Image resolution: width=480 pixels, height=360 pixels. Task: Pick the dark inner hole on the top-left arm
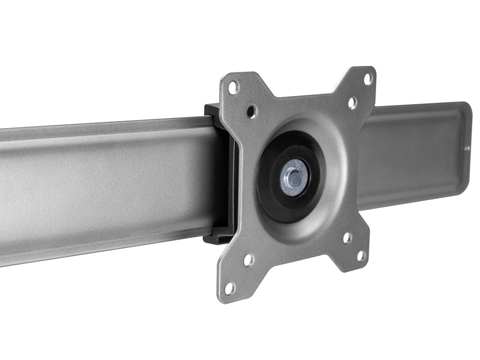(252, 111)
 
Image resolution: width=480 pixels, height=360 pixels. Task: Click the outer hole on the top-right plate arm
(368, 79)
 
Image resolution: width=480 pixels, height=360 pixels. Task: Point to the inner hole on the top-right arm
(352, 103)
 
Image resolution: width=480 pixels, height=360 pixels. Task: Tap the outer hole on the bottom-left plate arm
(229, 289)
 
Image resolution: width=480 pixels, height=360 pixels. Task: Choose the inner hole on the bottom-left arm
(248, 260)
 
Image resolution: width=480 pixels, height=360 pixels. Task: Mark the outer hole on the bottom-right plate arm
(362, 256)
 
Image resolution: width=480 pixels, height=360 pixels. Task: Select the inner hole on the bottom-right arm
(348, 238)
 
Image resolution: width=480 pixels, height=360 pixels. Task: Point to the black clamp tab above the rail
(212, 110)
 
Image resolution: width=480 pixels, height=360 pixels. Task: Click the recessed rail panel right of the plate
(412, 154)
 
